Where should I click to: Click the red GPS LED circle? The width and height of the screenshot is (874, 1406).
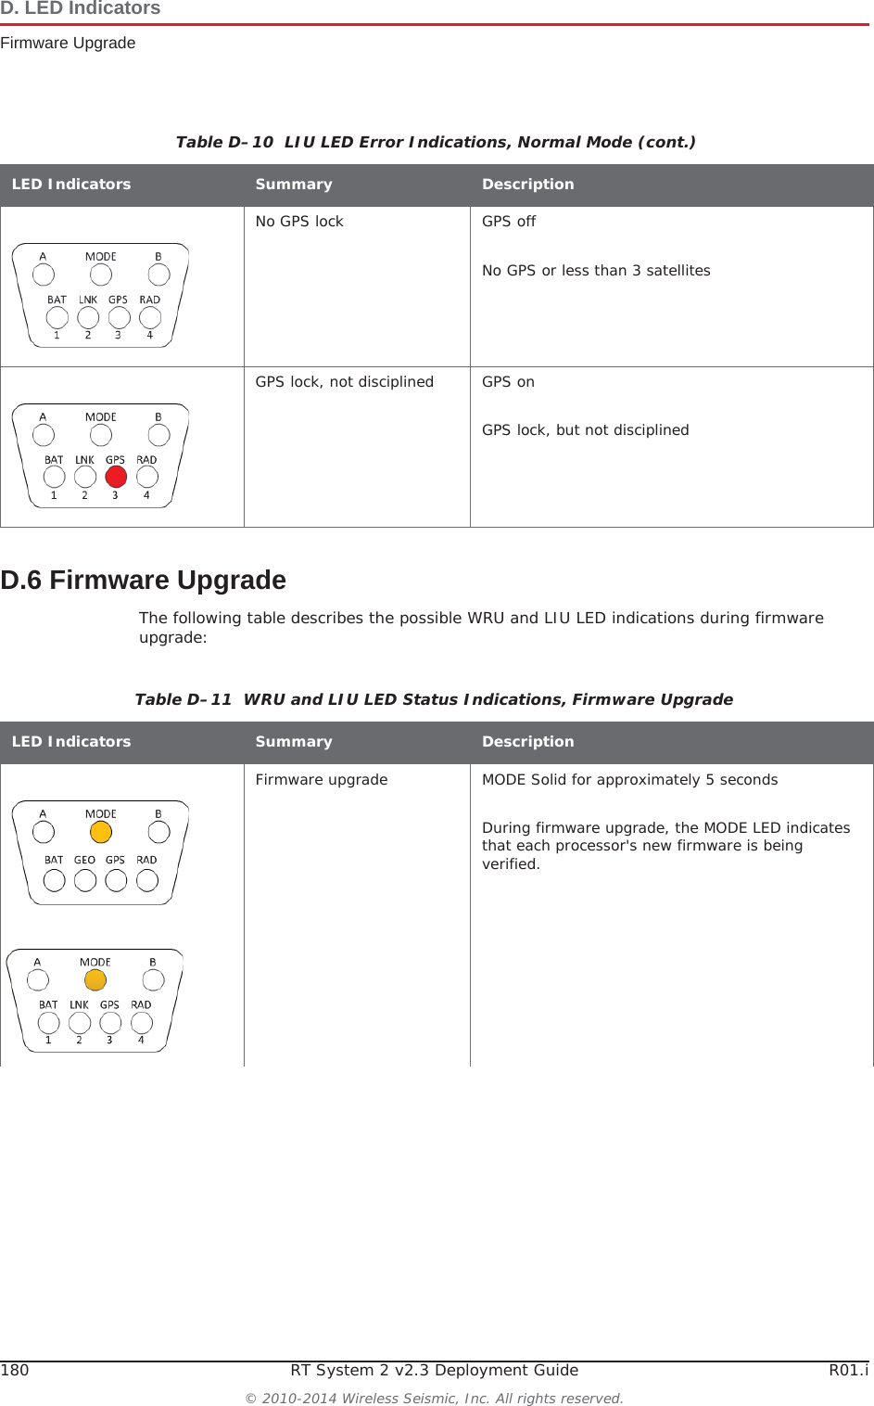pyautogui.click(x=116, y=477)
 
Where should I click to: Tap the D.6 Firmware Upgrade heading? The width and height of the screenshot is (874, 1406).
pyautogui.click(x=144, y=580)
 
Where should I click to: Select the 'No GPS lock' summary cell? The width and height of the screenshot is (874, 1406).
pyautogui.click(x=299, y=222)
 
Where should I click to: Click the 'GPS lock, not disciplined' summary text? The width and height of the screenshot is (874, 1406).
pyautogui.click(x=344, y=382)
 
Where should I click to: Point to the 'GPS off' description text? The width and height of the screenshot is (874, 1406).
pyautogui.click(x=509, y=222)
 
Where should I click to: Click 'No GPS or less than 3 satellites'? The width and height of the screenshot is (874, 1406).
pyautogui.click(x=596, y=271)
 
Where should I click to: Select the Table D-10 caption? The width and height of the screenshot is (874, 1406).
pyautogui.click(x=436, y=142)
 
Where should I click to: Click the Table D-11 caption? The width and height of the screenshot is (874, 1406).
pyautogui.click(x=434, y=699)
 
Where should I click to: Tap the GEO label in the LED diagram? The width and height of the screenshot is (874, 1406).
pyautogui.click(x=84, y=860)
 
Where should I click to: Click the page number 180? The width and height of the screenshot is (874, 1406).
pyautogui.click(x=15, y=1370)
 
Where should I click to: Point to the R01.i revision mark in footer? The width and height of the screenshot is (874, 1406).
pyautogui.click(x=848, y=1370)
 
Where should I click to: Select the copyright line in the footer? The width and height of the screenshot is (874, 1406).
pyautogui.click(x=434, y=1398)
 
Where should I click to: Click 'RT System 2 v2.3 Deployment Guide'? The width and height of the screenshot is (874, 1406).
pyautogui.click(x=434, y=1370)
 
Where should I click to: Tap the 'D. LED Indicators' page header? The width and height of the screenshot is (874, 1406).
pyautogui.click(x=81, y=9)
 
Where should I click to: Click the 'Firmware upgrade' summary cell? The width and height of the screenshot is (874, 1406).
pyautogui.click(x=322, y=780)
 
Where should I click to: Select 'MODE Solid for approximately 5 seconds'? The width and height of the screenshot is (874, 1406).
pyautogui.click(x=629, y=780)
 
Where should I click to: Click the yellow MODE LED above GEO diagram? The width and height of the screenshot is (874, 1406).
pyautogui.click(x=100, y=832)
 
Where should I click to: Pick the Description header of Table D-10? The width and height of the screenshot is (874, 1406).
pyautogui.click(x=528, y=185)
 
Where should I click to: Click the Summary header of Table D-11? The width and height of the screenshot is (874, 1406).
pyautogui.click(x=294, y=742)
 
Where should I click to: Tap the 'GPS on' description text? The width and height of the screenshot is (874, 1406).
pyautogui.click(x=508, y=382)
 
